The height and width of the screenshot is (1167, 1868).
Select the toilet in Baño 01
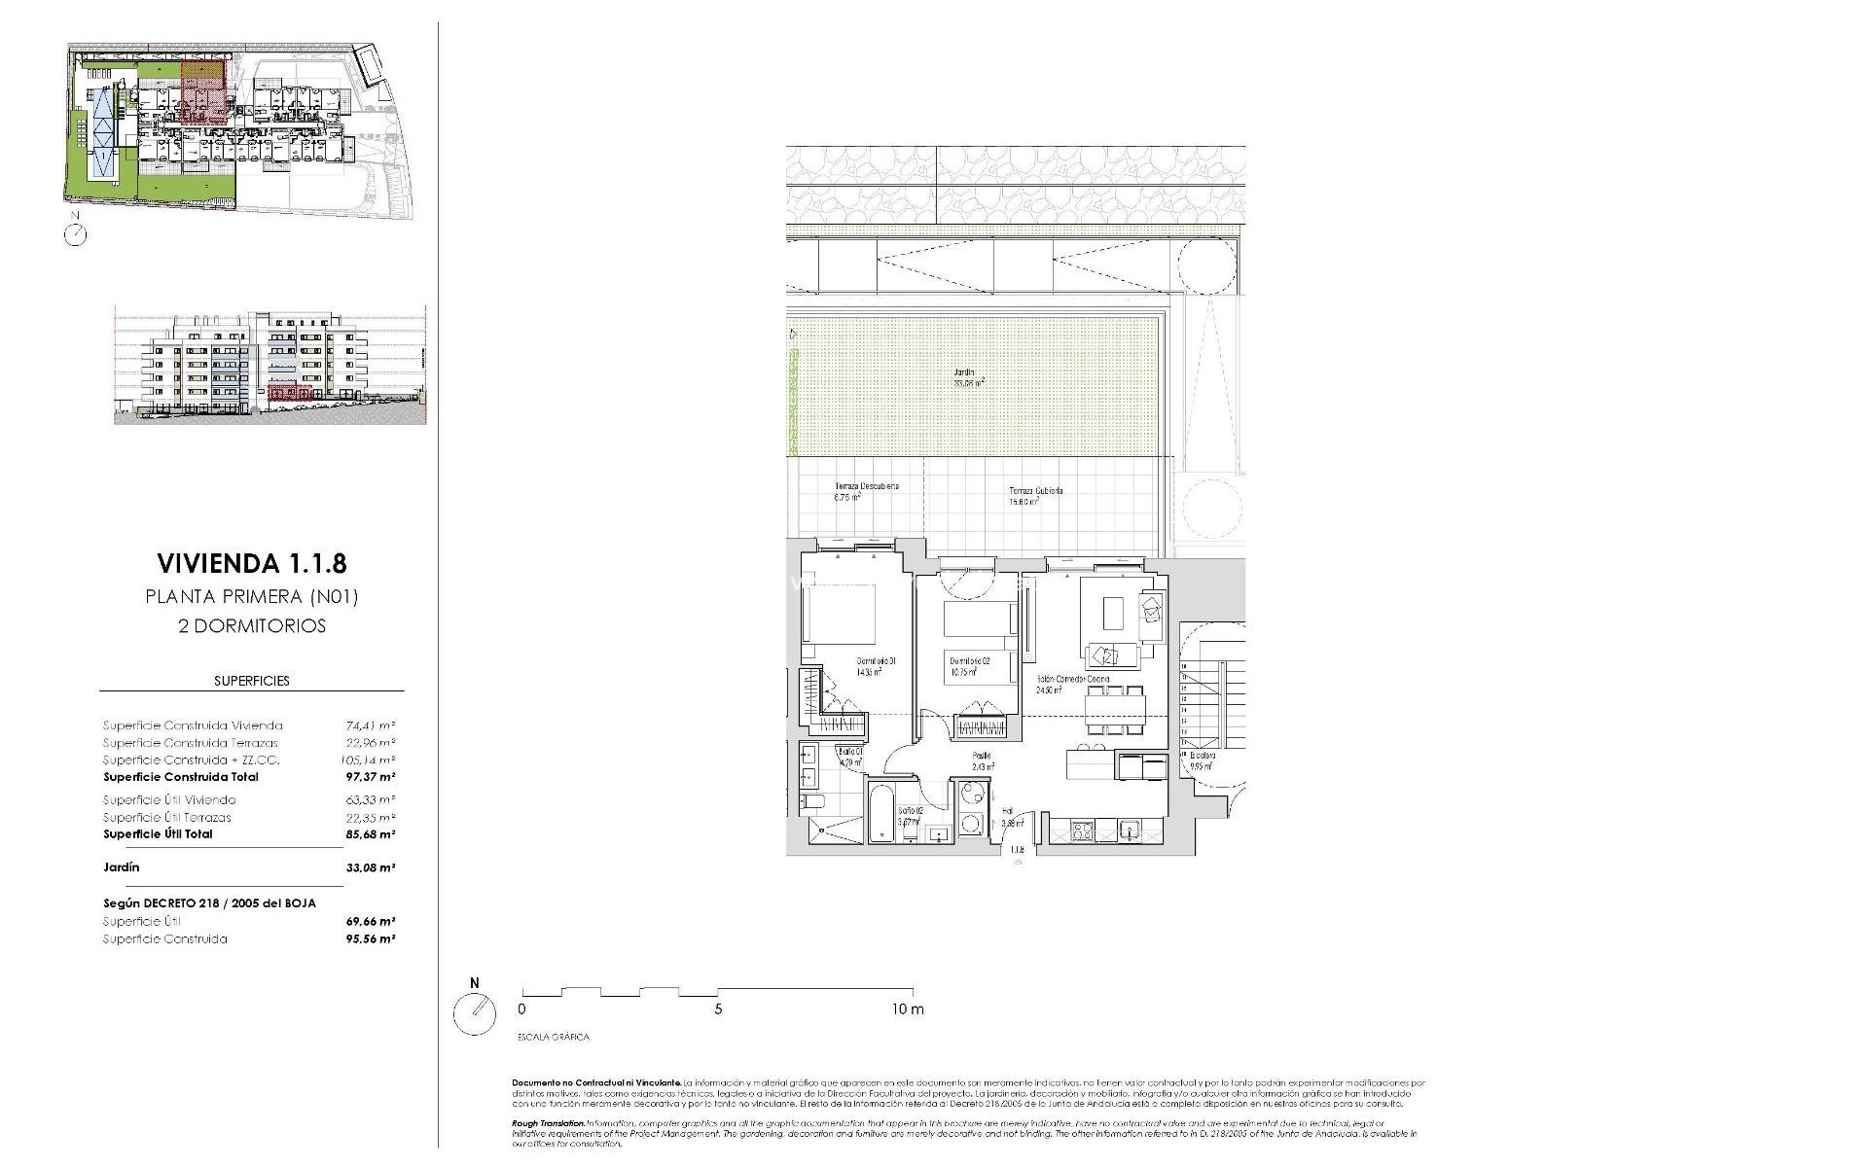click(812, 801)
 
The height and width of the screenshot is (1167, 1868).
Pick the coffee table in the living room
click(1113, 613)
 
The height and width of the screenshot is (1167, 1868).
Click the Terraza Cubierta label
click(1035, 491)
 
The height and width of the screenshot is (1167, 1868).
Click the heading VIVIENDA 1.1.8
click(252, 563)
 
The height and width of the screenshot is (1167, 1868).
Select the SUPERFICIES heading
click(252, 681)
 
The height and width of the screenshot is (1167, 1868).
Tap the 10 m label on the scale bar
click(907, 1009)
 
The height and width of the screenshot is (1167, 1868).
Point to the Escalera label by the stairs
click(1203, 756)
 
